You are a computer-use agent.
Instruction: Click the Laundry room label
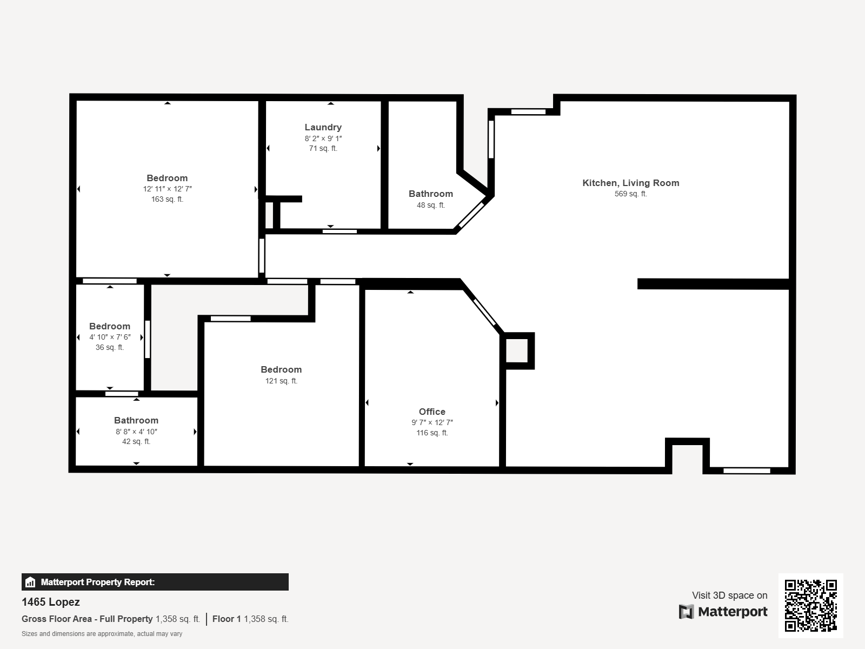[x=323, y=127]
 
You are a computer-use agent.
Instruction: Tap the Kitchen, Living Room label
[x=630, y=183]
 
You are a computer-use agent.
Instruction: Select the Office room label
[x=432, y=412]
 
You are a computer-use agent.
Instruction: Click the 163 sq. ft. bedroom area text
[x=167, y=199]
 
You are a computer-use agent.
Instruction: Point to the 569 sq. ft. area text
[x=630, y=194]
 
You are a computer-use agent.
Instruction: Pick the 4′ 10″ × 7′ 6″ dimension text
[x=110, y=337]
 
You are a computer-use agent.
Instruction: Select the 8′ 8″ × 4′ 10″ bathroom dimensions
[x=136, y=432]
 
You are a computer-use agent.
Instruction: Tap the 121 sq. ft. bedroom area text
[x=281, y=381]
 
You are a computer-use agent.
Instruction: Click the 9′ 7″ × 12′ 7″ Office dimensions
[x=432, y=422]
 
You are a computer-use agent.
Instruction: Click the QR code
[x=810, y=606]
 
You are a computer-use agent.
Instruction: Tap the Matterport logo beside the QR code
[x=723, y=612]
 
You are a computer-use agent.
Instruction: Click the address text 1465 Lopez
[x=50, y=602]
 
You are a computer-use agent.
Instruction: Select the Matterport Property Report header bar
[x=155, y=582]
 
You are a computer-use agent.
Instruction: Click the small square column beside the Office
[x=517, y=350]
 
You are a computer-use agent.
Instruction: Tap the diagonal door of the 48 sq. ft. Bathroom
[x=471, y=215]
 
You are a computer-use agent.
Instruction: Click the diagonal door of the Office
[x=484, y=312]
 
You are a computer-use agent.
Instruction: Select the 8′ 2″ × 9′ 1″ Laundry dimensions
[x=323, y=138]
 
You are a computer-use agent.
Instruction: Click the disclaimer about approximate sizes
[x=102, y=634]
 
